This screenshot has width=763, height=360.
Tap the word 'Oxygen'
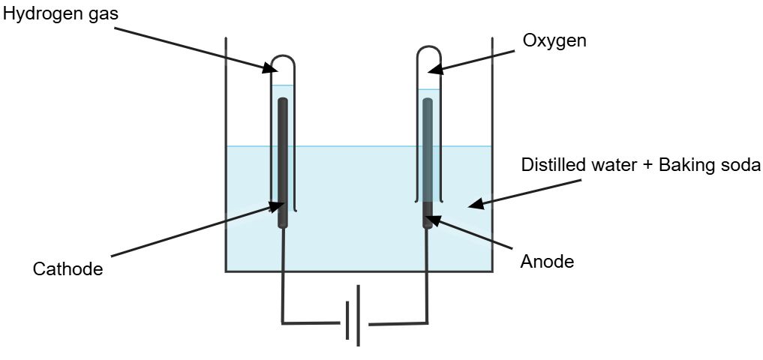555,40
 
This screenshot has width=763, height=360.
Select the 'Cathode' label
68,268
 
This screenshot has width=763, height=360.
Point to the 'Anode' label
547,262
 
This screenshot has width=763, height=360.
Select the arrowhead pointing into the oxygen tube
433,71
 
